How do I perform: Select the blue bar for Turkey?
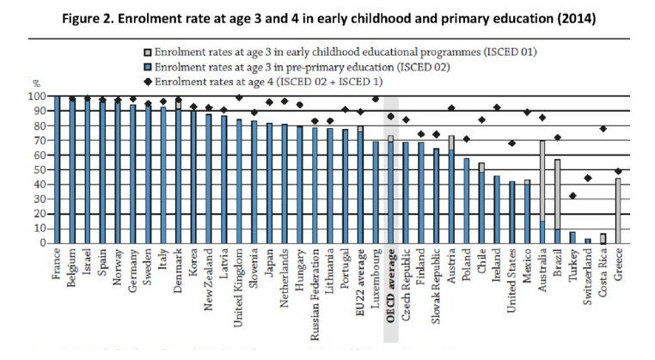[572, 238]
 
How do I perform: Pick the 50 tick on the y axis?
[40, 170]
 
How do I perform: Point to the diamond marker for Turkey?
[572, 196]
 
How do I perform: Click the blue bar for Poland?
[466, 200]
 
